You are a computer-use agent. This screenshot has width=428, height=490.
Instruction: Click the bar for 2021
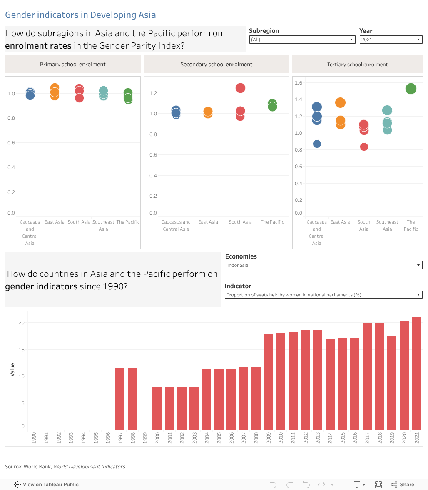pos(416,373)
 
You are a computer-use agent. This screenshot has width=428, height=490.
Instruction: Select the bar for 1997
pos(120,399)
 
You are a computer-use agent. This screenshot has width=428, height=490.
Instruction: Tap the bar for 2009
pos(268,381)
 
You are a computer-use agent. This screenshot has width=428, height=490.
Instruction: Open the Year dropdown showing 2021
pos(391,40)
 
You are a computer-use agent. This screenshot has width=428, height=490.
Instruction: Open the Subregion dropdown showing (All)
pos(302,40)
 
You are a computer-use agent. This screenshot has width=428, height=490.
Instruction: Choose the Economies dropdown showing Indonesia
pos(323,265)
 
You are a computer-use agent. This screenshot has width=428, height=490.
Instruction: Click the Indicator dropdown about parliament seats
pos(323,295)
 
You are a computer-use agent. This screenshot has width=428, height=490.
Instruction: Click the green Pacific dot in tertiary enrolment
pos(411,89)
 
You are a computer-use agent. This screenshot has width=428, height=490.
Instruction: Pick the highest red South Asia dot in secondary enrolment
pos(240,88)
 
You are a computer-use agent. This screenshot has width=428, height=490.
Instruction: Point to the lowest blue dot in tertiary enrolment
pos(317,144)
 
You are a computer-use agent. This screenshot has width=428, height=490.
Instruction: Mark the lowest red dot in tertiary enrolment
pos(364,147)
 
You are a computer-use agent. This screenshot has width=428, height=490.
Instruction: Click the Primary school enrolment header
pos(73,65)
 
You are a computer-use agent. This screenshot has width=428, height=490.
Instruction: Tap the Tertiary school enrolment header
pos(357,65)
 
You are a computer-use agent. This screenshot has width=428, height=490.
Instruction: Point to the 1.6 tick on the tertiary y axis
pos(298,83)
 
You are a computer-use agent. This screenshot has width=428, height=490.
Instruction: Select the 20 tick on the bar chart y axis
pos(22,323)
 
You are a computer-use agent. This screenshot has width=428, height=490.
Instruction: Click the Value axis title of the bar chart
pos(12,370)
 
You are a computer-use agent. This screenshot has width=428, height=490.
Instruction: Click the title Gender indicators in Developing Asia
pos(80,15)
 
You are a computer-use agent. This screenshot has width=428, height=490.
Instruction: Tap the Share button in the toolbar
pos(403,484)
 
